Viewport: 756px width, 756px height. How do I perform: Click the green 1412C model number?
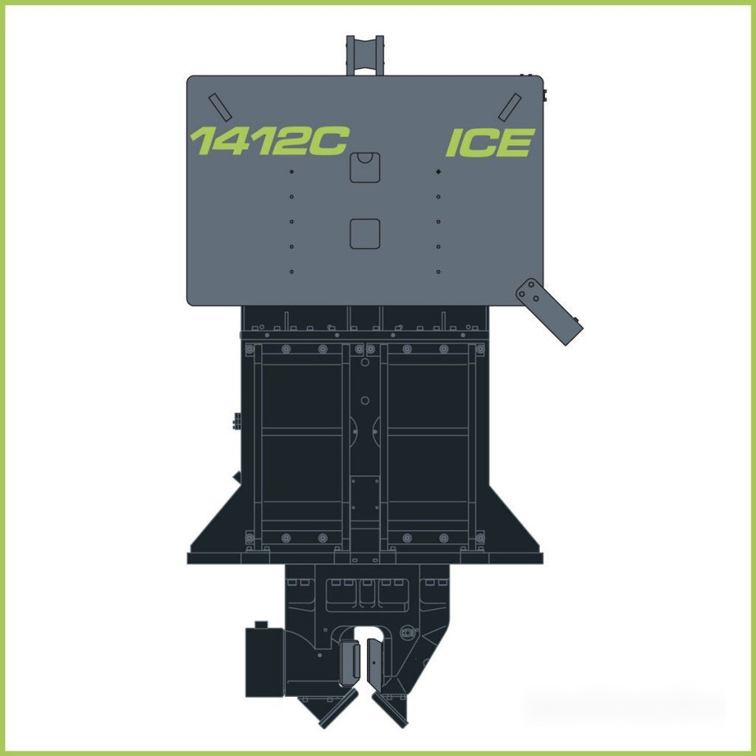click(269, 141)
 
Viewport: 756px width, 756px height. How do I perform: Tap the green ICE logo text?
click(491, 143)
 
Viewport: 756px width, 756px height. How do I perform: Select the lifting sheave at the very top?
click(365, 55)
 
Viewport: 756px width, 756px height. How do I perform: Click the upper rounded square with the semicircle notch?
click(365, 167)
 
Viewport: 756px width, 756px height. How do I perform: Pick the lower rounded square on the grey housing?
click(365, 234)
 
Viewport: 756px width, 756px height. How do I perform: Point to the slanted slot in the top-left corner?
click(220, 107)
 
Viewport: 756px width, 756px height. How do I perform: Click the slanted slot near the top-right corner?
click(510, 107)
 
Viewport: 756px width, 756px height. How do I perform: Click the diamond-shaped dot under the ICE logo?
click(439, 172)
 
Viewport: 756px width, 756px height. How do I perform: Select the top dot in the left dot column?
click(291, 172)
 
